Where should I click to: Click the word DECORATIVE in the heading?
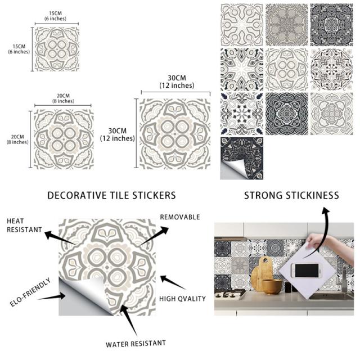tap(74, 195)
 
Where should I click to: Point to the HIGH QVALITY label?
tap(182, 299)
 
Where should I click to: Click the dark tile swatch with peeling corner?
tap(241, 158)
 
